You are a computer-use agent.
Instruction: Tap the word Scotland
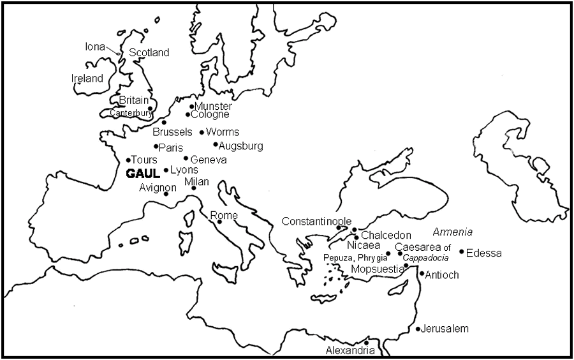pos(149,53)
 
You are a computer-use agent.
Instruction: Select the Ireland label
pos(87,79)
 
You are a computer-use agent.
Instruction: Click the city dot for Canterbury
pos(150,109)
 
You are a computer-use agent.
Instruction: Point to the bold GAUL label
pos(142,173)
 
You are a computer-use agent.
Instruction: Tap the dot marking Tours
pos(128,160)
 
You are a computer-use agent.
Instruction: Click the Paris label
pos(171,147)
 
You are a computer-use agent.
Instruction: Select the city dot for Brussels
pos(164,123)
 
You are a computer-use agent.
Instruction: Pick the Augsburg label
pos(240,146)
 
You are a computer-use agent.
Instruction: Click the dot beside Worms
pos(202,133)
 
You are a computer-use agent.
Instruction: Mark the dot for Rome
pos(219,221)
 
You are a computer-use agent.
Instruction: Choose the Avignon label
pos(158,188)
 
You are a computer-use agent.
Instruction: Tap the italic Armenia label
pos(453,232)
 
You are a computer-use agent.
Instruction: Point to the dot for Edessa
pos(462,252)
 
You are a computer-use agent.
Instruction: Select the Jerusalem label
pos(445,329)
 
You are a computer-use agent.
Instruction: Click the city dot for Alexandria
pos(366,343)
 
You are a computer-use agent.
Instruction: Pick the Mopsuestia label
pos(378,269)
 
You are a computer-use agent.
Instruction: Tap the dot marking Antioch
pos(421,274)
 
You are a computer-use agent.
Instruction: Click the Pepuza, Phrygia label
pos(355,258)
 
